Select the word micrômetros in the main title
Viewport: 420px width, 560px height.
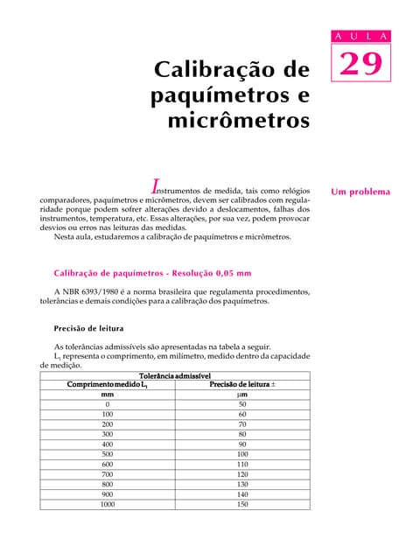click(239, 118)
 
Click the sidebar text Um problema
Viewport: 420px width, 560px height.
click(360, 192)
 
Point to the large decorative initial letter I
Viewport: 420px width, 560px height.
click(155, 185)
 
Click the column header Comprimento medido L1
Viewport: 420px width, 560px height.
click(108, 384)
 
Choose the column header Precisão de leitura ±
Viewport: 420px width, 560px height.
click(242, 384)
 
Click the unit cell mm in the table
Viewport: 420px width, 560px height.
click(108, 395)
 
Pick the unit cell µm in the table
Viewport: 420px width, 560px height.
click(242, 395)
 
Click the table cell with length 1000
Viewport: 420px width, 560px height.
click(108, 504)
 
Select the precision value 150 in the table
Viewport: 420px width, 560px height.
click(242, 504)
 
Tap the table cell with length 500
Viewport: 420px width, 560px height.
click(108, 454)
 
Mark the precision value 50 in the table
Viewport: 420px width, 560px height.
click(242, 404)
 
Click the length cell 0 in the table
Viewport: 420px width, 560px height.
click(108, 404)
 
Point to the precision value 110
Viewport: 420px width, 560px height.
click(242, 464)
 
